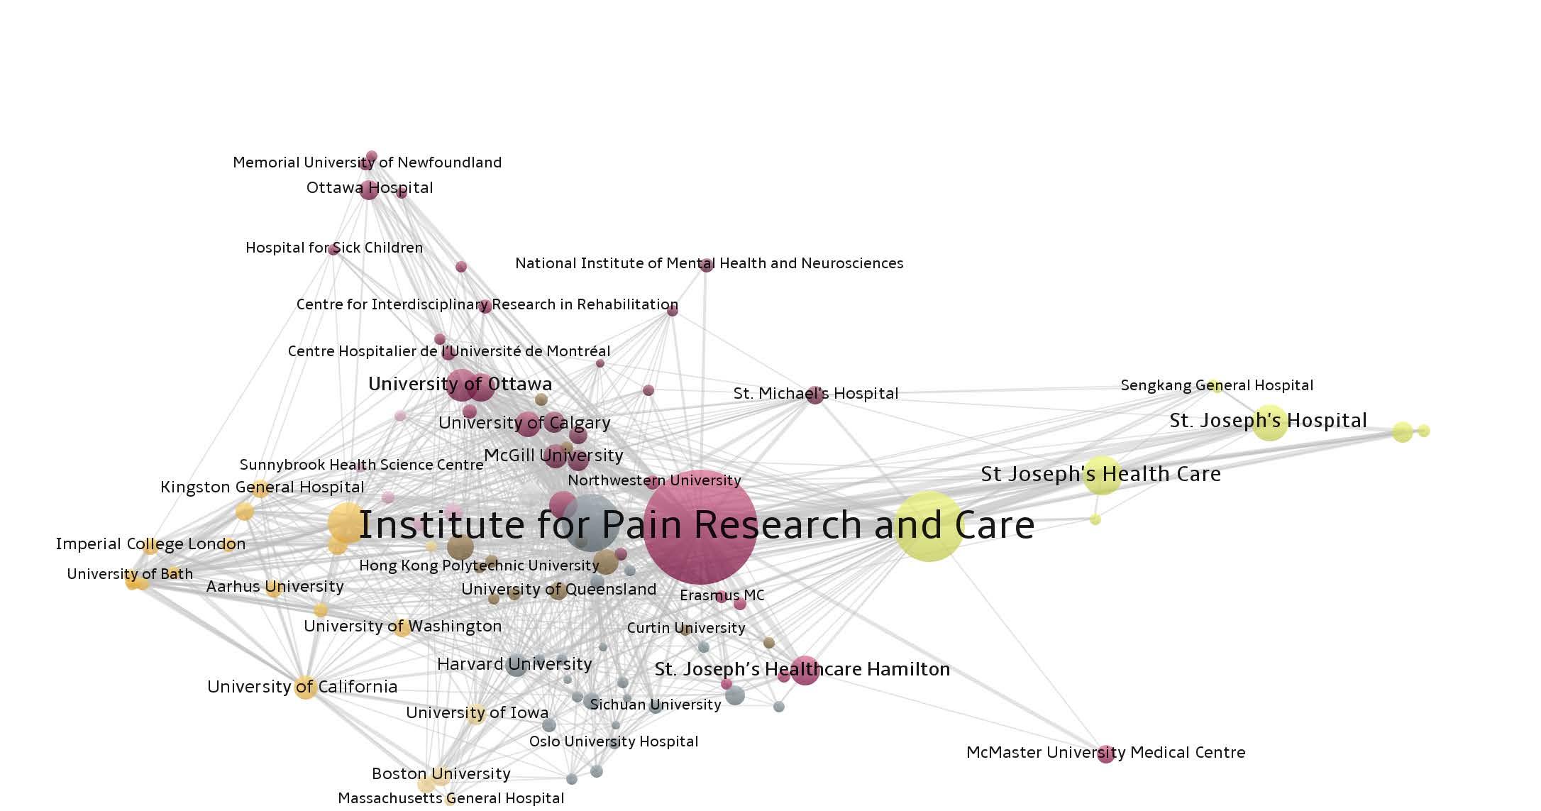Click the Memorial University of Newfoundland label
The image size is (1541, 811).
coord(367,162)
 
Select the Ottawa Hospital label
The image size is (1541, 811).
coord(369,188)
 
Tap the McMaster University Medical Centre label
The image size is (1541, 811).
coord(1105,752)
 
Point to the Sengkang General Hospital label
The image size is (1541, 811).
coord(1217,385)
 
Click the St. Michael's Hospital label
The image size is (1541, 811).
coord(816,393)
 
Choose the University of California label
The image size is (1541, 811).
coord(302,687)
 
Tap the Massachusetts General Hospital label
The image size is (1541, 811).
coord(451,798)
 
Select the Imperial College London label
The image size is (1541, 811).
coord(150,544)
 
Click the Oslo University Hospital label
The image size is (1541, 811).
coord(614,741)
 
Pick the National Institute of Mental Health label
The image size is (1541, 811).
coord(709,263)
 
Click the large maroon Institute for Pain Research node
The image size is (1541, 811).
coord(700,526)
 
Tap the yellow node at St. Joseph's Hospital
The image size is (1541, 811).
coord(1269,423)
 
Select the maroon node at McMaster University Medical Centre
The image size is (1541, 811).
coord(1105,754)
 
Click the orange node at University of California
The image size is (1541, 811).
coord(305,687)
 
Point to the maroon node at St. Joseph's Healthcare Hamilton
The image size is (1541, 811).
coord(805,670)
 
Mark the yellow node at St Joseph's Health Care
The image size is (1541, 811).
coord(1102,475)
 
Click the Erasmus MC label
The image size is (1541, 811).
coord(722,595)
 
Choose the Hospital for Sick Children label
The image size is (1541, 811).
coord(334,248)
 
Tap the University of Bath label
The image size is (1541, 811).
coord(130,574)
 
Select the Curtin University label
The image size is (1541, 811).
coord(686,628)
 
